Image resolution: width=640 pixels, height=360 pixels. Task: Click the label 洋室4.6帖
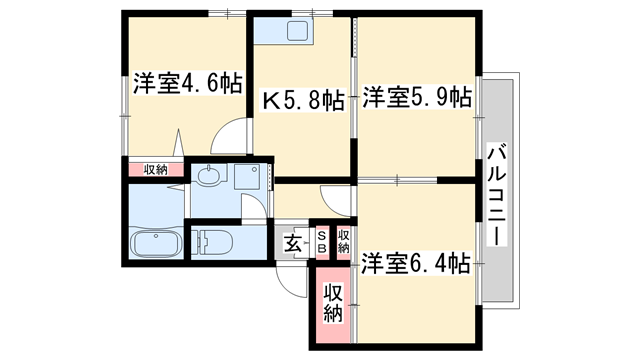pyautogui.click(x=187, y=83)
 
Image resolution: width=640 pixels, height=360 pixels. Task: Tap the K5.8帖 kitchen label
pyautogui.click(x=304, y=100)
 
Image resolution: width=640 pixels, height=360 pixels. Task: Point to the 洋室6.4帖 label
pyautogui.click(x=416, y=264)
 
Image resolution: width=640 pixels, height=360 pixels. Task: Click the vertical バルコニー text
pyautogui.click(x=498, y=194)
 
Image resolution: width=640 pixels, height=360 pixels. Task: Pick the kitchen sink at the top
pyautogui.click(x=297, y=31)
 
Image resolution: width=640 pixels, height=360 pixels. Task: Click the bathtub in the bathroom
pyautogui.click(x=155, y=243)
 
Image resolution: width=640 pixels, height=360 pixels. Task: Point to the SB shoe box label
pyautogui.click(x=323, y=241)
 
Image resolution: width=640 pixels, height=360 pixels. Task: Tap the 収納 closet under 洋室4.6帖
pyautogui.click(x=155, y=169)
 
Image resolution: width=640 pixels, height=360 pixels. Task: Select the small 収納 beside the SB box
pyautogui.click(x=344, y=241)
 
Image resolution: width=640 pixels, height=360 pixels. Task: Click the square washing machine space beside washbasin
pyautogui.click(x=250, y=178)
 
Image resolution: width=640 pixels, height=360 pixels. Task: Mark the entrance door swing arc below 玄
pyautogui.click(x=290, y=280)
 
